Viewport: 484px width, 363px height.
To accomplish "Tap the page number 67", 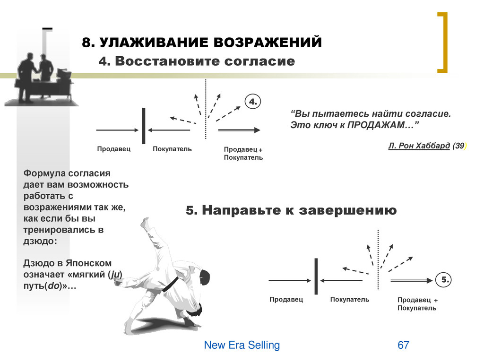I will point(403,345).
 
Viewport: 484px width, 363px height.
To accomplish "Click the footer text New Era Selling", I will point(242,345).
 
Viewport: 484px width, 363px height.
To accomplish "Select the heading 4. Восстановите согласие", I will point(196,61).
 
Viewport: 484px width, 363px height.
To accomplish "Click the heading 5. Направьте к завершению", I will point(291,210).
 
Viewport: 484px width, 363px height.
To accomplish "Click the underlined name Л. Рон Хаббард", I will point(419,146).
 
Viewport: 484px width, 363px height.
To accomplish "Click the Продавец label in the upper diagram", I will point(113,149).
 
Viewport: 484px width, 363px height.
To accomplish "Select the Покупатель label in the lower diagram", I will point(350,300).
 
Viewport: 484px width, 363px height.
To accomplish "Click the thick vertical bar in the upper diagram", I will point(144,126).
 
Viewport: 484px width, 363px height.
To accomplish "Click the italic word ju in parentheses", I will point(115,275).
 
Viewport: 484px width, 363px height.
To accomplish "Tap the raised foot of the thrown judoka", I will point(145,222).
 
